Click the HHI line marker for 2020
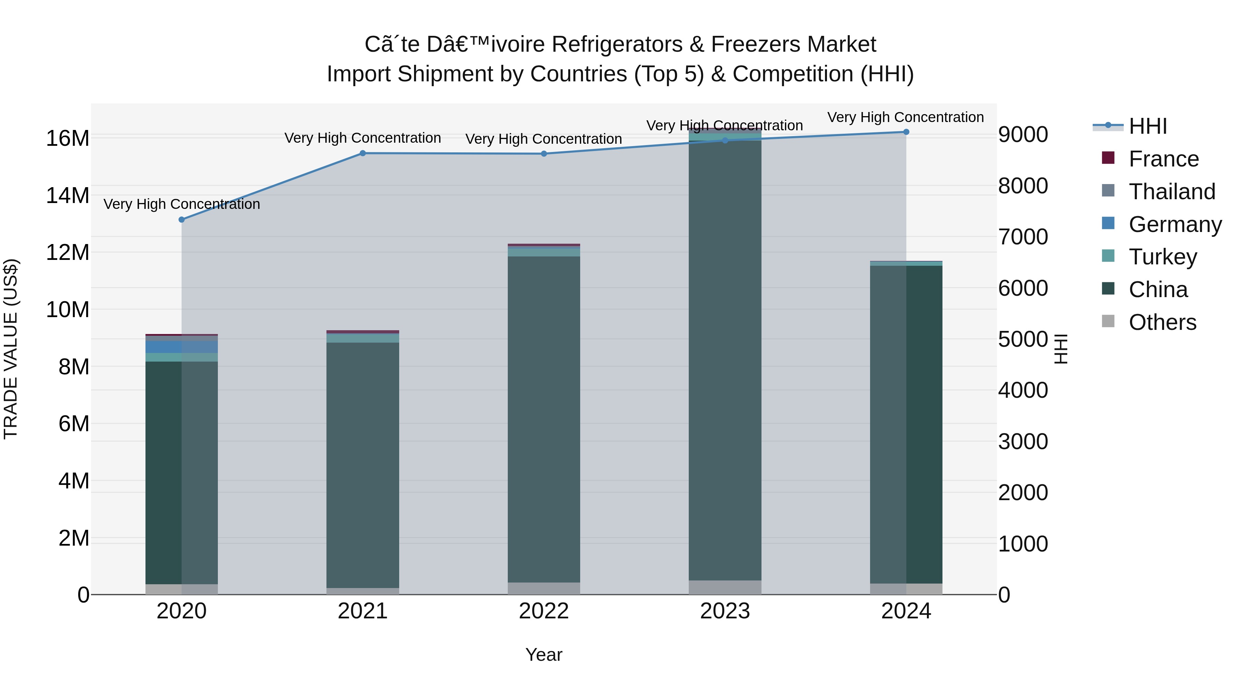pyautogui.click(x=182, y=220)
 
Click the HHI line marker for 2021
pyautogui.click(x=363, y=153)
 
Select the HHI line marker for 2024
pyautogui.click(x=906, y=132)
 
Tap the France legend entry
pyautogui.click(x=1163, y=159)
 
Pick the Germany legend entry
pyautogui.click(x=1174, y=224)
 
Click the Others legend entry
pyautogui.click(x=1162, y=322)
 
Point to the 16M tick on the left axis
pyautogui.click(x=68, y=139)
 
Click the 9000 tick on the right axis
pyautogui.click(x=1022, y=134)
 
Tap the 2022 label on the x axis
pyautogui.click(x=544, y=611)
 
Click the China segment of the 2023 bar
pyautogui.click(x=725, y=361)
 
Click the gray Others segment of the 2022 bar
pyautogui.click(x=544, y=588)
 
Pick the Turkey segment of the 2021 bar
pyautogui.click(x=363, y=338)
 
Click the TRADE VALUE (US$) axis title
pyautogui.click(x=11, y=349)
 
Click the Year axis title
pyautogui.click(x=544, y=655)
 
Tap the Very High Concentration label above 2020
pyautogui.click(x=182, y=204)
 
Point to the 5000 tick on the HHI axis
pyautogui.click(x=1022, y=339)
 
